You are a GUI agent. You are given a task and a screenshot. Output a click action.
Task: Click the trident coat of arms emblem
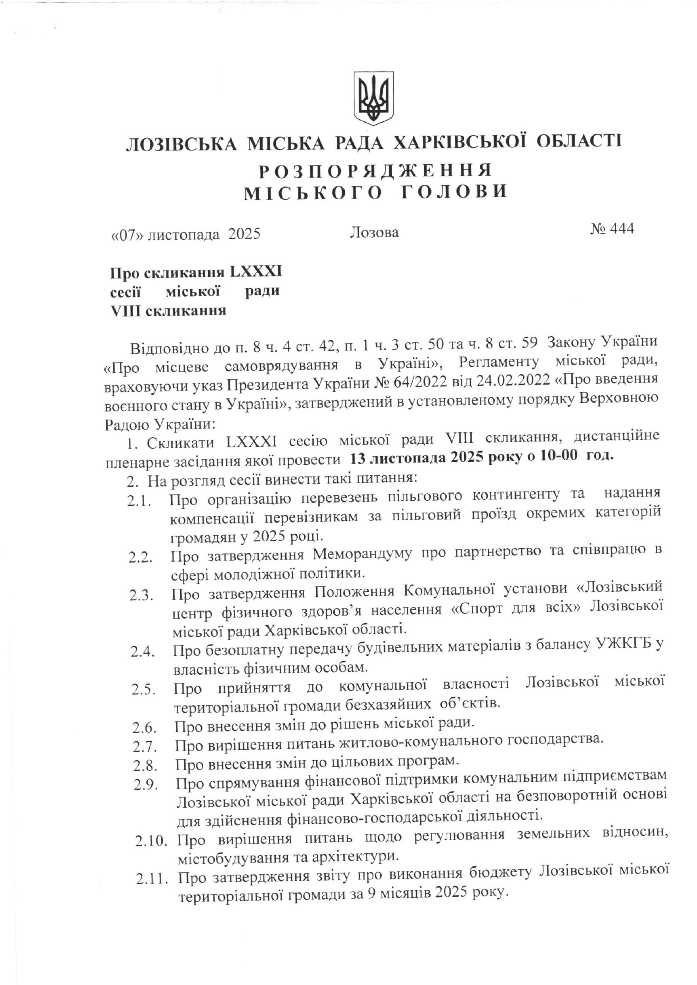373,98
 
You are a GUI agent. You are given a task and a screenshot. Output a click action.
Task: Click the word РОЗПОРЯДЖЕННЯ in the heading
375,171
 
